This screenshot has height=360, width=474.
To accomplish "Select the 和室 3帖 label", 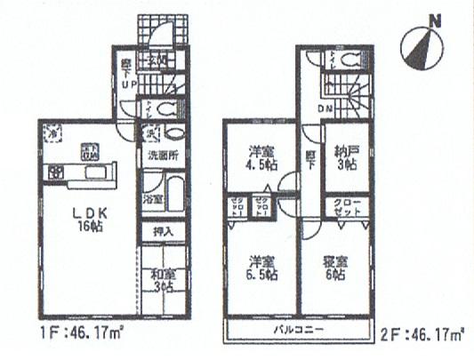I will coord(163,281).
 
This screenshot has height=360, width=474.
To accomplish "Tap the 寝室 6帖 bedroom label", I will coord(333,267).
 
